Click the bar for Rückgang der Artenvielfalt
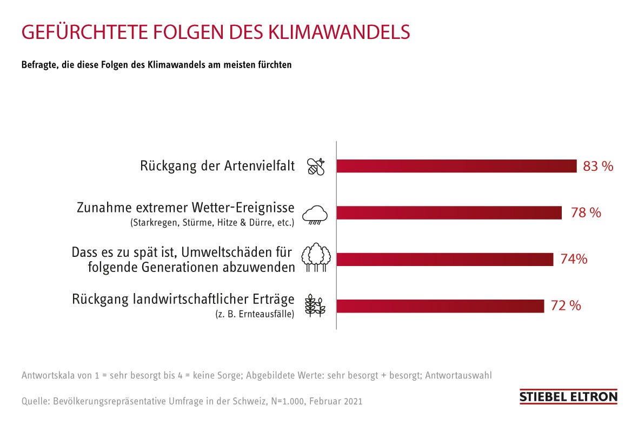[x=457, y=166]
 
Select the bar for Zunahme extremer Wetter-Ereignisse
[x=449, y=212]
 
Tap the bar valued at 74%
[x=445, y=259]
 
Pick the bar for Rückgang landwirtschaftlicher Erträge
[x=440, y=306]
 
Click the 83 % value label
[x=598, y=167]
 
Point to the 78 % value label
[x=586, y=213]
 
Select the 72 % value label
[x=566, y=306]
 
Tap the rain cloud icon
[x=315, y=214]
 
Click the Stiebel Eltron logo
[x=568, y=396]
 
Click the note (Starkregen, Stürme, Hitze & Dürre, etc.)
[x=212, y=222]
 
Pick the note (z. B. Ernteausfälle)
[x=254, y=314]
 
